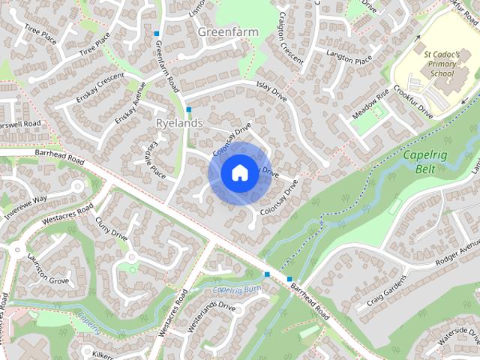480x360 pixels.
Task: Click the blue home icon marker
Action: [238, 172]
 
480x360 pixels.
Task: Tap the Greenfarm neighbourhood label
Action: [227, 32]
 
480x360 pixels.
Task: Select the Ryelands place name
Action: [175, 122]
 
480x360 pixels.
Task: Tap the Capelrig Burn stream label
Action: [235, 291]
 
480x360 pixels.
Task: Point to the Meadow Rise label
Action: [371, 104]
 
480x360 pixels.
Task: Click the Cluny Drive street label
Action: [112, 227]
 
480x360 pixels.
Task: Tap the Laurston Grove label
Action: [48, 269]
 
